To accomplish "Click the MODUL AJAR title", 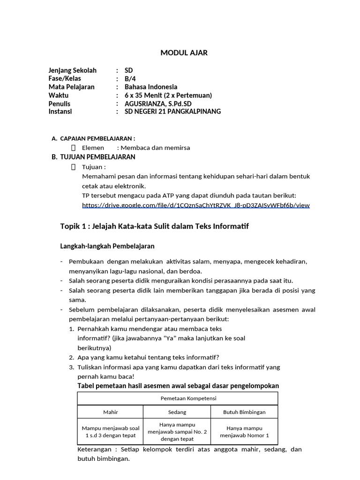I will click(x=184, y=53).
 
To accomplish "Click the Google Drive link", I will click(x=195, y=205).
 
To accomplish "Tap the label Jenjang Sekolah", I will click(x=72, y=71).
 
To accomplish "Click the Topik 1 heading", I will click(x=154, y=227).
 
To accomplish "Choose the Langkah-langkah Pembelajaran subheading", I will click(x=107, y=246).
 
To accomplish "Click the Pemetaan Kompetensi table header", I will click(x=178, y=398).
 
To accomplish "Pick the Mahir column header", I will click(x=111, y=412).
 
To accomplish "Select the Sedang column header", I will click(x=178, y=412).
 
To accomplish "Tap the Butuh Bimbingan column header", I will click(x=244, y=412).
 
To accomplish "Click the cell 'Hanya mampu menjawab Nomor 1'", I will click(x=244, y=432).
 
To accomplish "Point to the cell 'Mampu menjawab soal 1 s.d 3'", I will click(x=111, y=432).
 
